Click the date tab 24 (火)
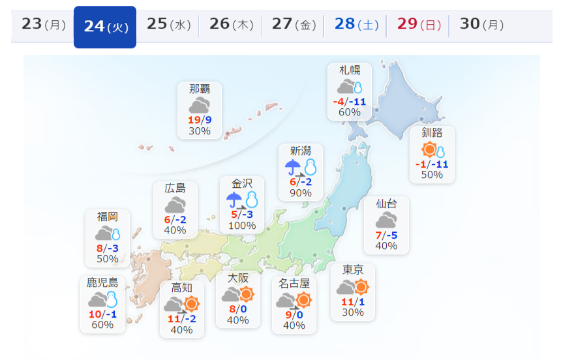105,27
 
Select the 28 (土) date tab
356,25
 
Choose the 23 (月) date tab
44,25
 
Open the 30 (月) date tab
481,25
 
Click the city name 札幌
349,70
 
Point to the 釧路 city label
432,132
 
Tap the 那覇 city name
200,89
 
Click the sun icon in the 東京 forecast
361,286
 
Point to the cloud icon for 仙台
386,220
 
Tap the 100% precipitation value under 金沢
242,226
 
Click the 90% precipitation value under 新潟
301,193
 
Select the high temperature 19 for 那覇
194,120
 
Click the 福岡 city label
108,217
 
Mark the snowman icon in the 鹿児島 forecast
112,299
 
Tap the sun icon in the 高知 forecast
191,303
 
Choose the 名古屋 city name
294,283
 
